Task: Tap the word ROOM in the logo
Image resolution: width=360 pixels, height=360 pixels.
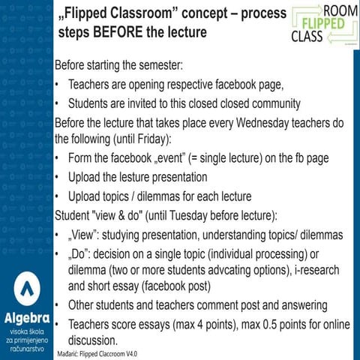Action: [337, 10]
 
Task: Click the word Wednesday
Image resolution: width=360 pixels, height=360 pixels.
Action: [247, 124]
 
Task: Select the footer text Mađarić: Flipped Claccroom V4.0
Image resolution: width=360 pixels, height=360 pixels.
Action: [103, 352]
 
